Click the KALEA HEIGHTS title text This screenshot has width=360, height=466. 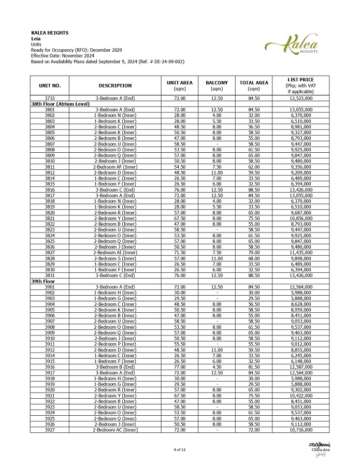[50, 33]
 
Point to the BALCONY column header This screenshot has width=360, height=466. [217, 85]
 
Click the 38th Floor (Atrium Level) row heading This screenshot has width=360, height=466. [61, 104]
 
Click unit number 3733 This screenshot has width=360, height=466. [50, 98]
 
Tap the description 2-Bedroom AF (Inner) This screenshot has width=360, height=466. [115, 167]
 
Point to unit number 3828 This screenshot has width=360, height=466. [50, 258]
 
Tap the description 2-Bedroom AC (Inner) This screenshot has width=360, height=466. [115, 430]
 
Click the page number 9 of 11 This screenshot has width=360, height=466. [180, 449]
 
